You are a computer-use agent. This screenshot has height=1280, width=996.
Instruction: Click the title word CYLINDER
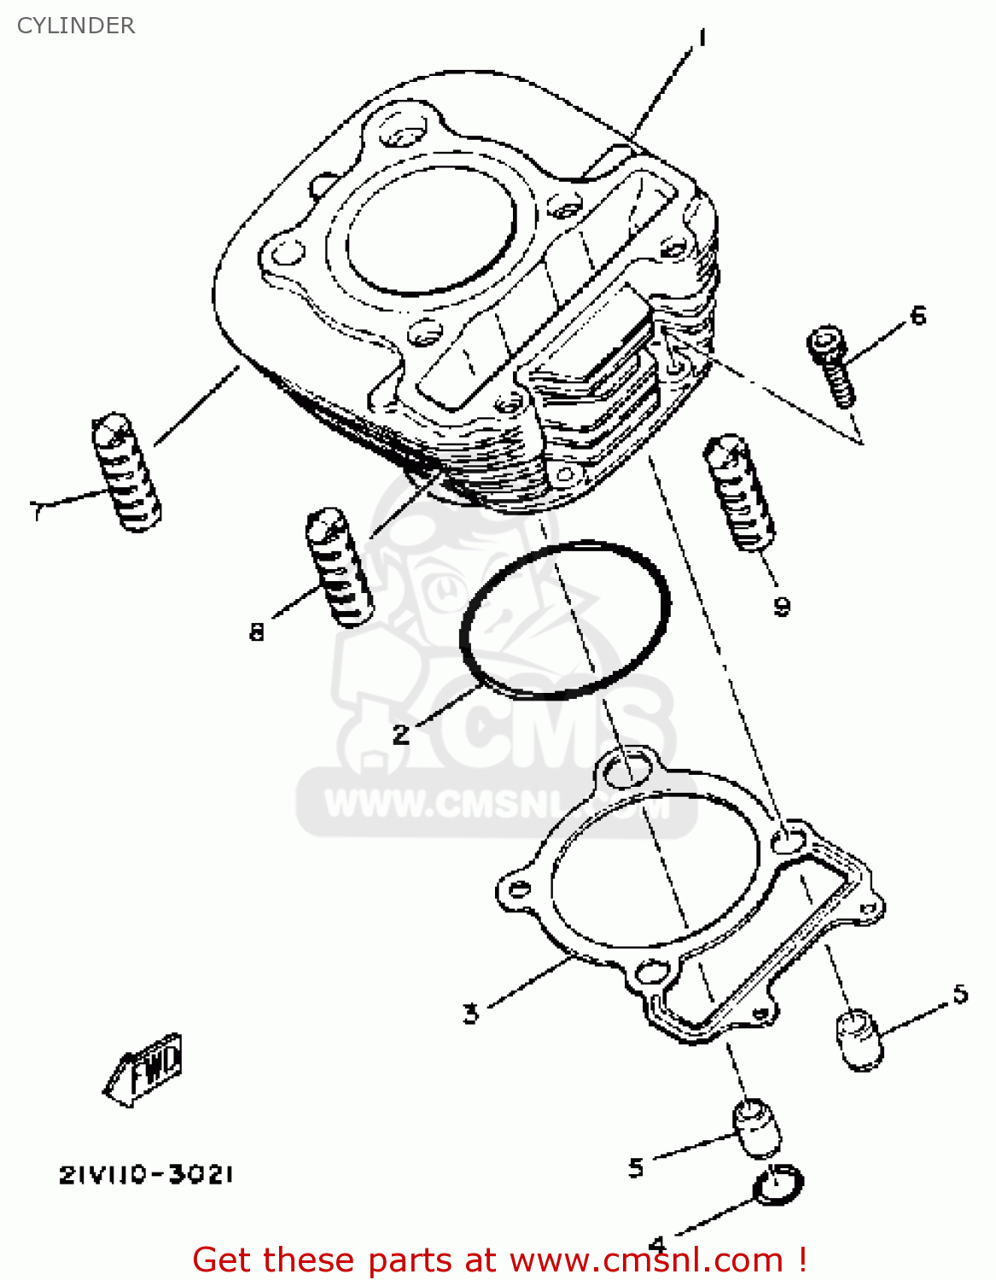(x=76, y=26)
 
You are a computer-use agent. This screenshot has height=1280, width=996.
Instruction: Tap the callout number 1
(x=702, y=38)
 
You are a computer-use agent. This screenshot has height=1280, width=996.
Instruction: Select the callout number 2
(x=401, y=734)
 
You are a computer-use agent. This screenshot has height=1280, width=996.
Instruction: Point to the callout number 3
(x=470, y=1014)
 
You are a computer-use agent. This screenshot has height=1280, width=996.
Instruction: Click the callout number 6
(x=917, y=316)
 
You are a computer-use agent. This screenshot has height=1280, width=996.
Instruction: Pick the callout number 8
(x=257, y=631)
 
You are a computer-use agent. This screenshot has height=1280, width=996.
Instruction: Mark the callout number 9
(x=782, y=606)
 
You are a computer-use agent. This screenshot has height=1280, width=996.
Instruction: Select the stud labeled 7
(x=125, y=472)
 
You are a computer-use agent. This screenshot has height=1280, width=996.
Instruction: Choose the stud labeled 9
(x=739, y=492)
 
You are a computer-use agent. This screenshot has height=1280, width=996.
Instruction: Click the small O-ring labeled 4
(x=778, y=1185)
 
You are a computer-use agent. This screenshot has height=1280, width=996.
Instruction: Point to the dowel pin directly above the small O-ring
(x=756, y=1127)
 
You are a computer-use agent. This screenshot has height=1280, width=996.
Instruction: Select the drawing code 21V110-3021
(x=146, y=1175)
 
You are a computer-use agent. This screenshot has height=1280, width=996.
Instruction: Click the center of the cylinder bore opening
(x=431, y=230)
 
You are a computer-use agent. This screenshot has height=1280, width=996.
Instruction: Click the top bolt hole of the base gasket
(x=626, y=770)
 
